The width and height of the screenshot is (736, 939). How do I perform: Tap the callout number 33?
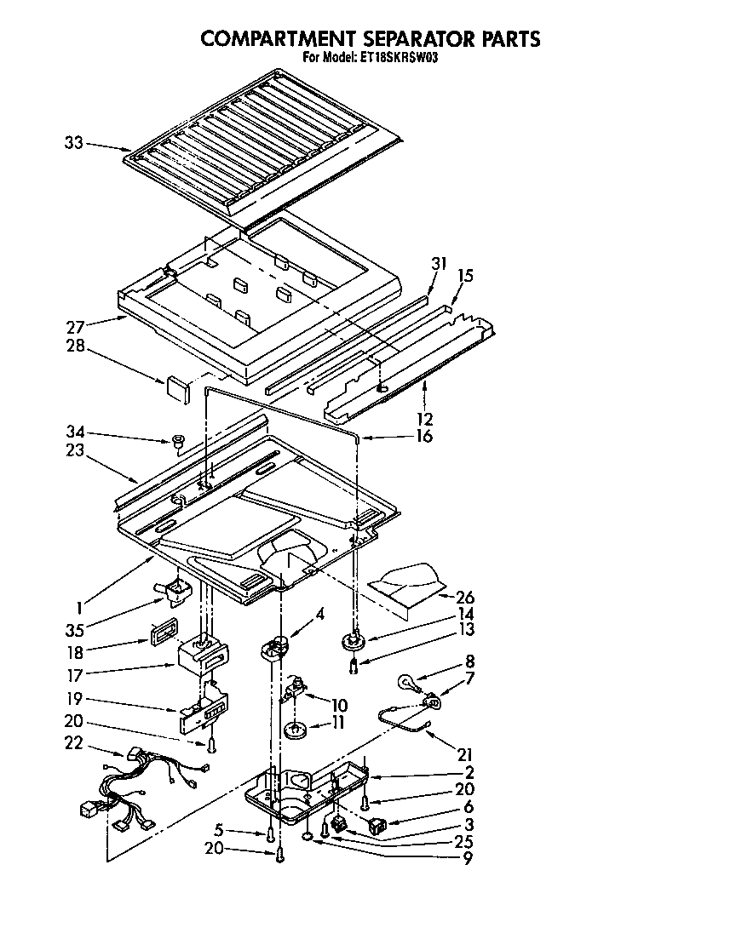point(74,143)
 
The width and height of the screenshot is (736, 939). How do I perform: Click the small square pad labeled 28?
point(178,387)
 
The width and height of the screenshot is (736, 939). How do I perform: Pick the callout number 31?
point(439,265)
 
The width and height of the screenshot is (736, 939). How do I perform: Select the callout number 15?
point(465,276)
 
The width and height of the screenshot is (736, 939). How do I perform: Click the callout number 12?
point(425,418)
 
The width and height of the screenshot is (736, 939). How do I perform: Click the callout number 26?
point(464,597)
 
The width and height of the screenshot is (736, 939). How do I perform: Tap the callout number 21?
point(464,753)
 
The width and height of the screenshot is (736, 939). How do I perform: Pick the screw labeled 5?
point(272,838)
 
